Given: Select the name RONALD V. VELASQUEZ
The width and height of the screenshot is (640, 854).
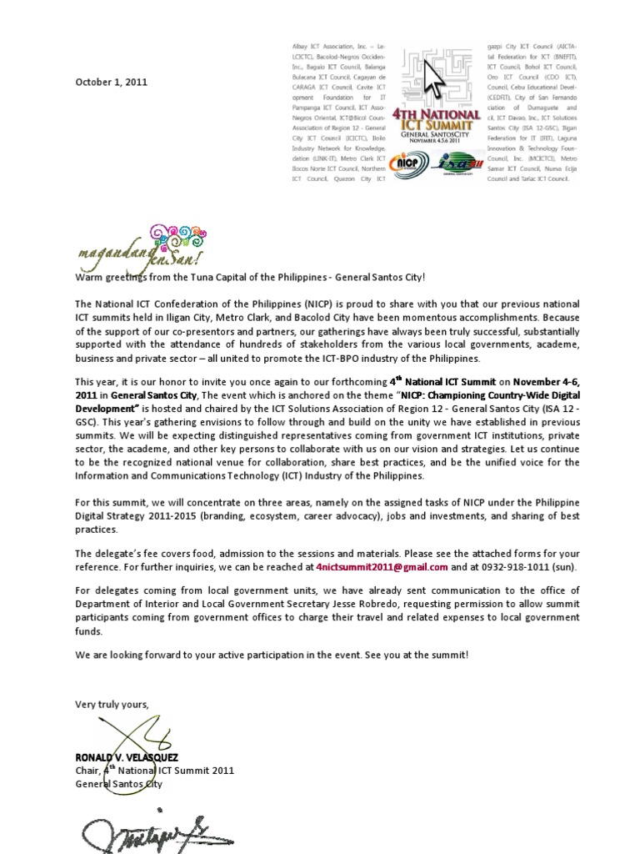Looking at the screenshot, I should tap(127, 756).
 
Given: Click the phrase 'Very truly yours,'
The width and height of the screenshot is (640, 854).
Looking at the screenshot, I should tap(112, 705).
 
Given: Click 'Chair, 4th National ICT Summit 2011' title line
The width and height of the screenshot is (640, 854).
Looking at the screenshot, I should tap(154, 771).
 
